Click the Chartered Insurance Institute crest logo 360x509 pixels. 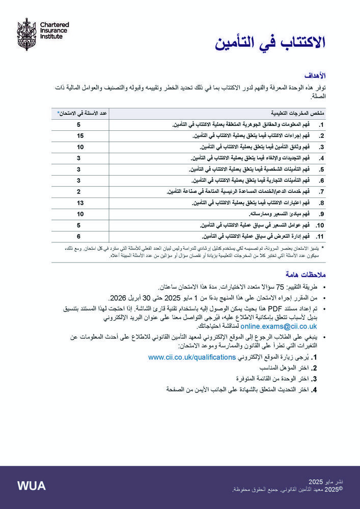26,34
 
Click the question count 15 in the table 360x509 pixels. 80,136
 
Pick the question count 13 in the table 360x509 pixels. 80,203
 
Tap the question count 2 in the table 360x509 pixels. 79,192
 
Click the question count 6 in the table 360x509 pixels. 79,236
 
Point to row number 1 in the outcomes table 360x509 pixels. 321,125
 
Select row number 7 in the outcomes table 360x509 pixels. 321,192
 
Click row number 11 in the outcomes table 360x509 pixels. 320,236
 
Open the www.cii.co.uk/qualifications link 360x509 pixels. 191,357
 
